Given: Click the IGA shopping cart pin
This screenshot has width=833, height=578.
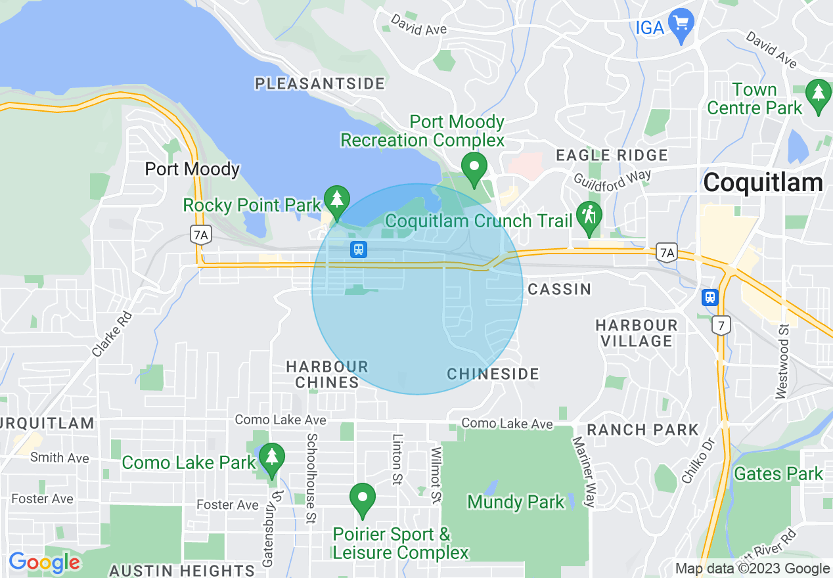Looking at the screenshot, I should pos(681,24).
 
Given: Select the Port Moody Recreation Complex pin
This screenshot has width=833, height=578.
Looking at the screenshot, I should pos(474,167).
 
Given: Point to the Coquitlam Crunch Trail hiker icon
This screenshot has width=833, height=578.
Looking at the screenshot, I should pos(589,217).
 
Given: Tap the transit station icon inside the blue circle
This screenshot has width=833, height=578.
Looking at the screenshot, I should pos(358,250).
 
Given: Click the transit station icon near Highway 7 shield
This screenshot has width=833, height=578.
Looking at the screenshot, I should pos(709,298).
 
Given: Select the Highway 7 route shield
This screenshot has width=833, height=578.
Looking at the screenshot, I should pos(721,324).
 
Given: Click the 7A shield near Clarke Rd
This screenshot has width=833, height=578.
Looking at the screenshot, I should pos(200,234).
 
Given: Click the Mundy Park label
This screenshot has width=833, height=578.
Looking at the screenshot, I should pos(516,503).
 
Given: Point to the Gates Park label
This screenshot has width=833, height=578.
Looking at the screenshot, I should pos(778,474).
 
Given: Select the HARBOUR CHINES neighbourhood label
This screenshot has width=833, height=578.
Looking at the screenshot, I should pos(327,374).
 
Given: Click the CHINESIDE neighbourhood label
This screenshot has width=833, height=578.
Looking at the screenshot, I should pos(493,374).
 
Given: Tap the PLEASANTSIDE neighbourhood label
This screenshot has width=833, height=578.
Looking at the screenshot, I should pos(320,83).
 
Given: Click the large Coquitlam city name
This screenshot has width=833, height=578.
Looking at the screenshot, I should pos(762,183).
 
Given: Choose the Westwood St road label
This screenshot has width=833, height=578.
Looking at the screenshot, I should pos(781,361).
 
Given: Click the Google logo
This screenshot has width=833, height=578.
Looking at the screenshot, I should pos(44,562).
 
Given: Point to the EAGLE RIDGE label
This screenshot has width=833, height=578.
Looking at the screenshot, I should pos(612,156).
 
